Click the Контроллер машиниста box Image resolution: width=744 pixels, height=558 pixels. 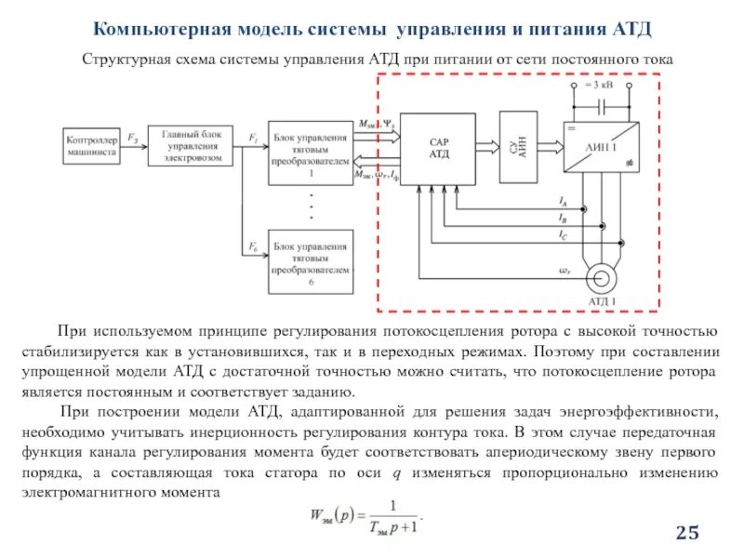tap(91, 146)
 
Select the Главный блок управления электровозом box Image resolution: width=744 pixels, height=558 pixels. tap(191, 146)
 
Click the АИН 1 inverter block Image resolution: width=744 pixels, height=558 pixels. tap(601, 147)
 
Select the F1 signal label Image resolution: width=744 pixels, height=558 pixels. tap(253, 137)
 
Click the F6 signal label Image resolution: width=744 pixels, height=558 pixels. tap(253, 246)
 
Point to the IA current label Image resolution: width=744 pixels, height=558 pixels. tap(564, 200)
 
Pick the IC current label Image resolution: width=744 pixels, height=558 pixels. tap(564, 235)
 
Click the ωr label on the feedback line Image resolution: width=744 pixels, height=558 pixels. tap(564, 271)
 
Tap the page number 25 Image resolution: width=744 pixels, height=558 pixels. tap(686, 532)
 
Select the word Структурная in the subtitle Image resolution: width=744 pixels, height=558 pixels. tap(126, 60)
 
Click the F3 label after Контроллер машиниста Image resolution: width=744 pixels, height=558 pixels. tap(133, 138)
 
